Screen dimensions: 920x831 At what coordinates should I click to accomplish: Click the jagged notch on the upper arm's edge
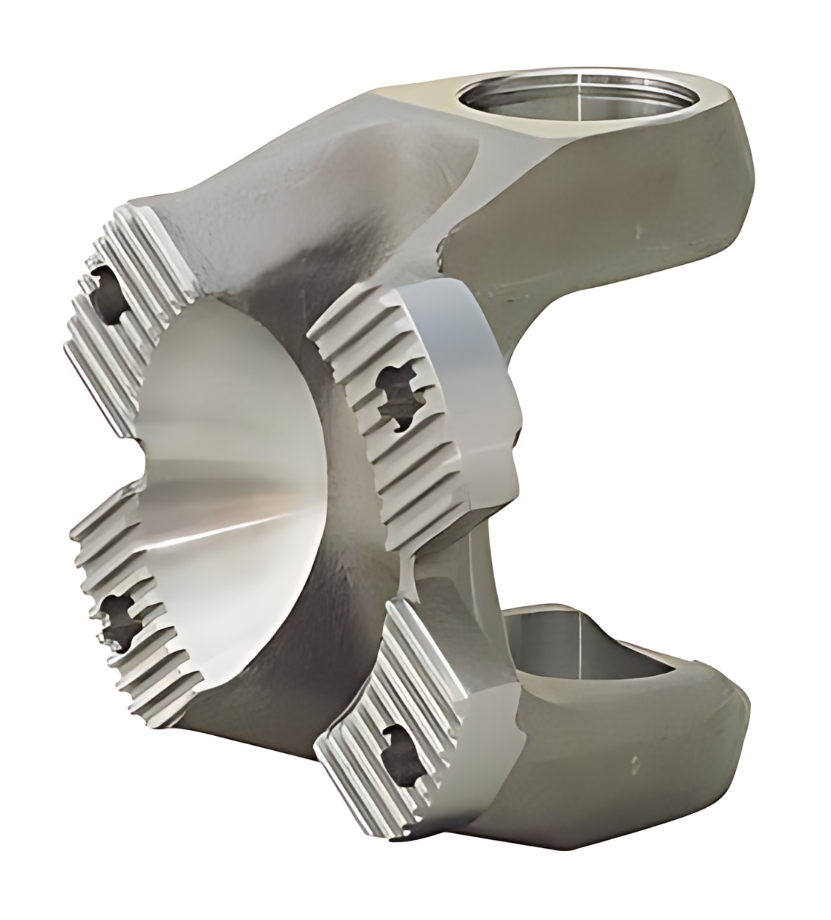(x=443, y=249)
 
